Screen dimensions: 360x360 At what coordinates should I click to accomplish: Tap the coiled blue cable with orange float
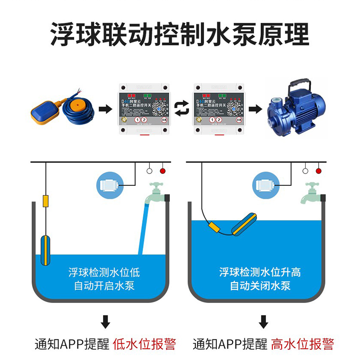coord(77,108)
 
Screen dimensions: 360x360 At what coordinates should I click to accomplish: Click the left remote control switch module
coord(143,108)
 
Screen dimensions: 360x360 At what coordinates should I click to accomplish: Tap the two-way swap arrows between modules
coord(181,109)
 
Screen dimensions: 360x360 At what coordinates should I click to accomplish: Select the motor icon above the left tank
coord(108,185)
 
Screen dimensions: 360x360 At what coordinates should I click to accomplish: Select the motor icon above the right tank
coord(267,185)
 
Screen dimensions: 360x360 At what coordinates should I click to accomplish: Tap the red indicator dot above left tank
coord(162,171)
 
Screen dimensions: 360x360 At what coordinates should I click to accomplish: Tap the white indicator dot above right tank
coord(306,171)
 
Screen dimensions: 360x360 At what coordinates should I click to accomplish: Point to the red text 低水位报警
coord(144,344)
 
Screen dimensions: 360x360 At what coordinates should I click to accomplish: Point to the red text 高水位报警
coord(302,344)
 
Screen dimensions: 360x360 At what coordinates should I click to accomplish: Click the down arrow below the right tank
coord(263,321)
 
